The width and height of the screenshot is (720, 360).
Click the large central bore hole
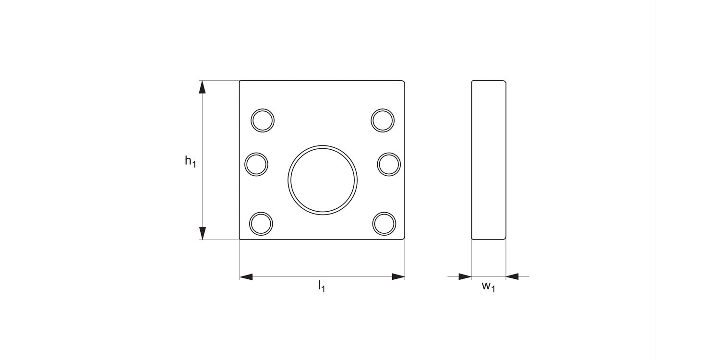[323, 179]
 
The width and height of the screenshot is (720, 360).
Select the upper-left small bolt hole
[263, 120]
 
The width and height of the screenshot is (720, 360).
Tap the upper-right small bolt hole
[383, 120]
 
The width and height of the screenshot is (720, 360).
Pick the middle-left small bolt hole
[256, 164]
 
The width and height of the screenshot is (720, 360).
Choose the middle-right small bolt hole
[389, 164]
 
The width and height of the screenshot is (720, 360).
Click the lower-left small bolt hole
[261, 224]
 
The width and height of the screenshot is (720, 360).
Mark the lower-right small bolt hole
[384, 224]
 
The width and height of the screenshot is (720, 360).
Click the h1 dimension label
[191, 161]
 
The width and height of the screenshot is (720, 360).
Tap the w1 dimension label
[488, 287]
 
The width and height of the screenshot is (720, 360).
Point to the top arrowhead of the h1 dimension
[202, 87]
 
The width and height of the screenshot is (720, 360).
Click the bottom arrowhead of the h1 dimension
[202, 233]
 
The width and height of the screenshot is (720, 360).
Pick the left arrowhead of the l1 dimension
[246, 276]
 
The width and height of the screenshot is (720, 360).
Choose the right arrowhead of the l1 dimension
[398, 276]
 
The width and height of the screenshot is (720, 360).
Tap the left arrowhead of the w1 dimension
[465, 276]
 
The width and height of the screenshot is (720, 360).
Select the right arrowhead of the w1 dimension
[512, 276]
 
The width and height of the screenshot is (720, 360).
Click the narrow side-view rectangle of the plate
[489, 160]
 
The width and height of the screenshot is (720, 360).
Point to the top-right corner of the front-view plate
[404, 81]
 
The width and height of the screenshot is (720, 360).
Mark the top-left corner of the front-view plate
[240, 81]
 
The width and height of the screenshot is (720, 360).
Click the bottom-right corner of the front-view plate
[404, 239]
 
